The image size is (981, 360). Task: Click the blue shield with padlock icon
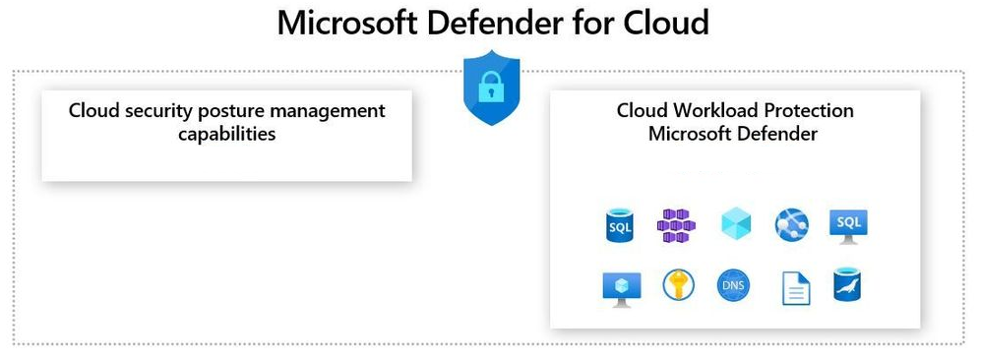pos(491,88)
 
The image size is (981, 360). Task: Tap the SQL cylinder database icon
pos(619,225)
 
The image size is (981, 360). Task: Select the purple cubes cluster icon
pos(676,225)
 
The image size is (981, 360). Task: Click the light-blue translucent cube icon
pos(736,223)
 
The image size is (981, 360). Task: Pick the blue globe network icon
pos(791,225)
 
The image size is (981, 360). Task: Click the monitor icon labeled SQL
pos(848,226)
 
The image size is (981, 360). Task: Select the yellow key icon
pos(678,285)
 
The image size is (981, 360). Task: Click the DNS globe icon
pos(733,286)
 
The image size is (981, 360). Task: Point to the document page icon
pos(796,289)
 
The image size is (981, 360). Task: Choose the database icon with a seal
pos(848,285)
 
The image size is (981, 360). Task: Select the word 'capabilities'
pos(227,134)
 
